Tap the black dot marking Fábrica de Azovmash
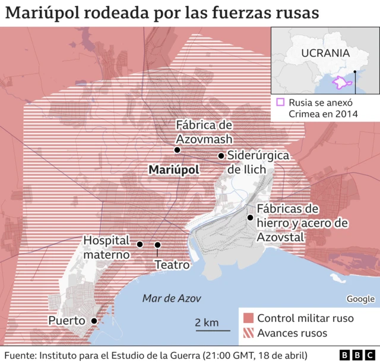tap(177, 150)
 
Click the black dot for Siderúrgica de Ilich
tap(221, 156)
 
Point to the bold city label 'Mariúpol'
tap(174, 170)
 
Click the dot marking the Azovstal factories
tap(251, 217)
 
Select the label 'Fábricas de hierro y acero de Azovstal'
tap(300, 223)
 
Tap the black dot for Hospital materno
tap(140, 244)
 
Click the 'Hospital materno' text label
tap(106, 248)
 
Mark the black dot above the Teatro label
tap(158, 245)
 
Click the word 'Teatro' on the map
tap(172, 265)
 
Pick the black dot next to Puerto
tap(94, 321)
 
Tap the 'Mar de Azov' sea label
tap(172, 298)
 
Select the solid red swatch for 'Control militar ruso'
tap(248, 318)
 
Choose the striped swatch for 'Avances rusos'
tap(248, 334)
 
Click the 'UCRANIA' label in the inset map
tap(325, 53)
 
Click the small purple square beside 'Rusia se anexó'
tap(280, 102)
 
